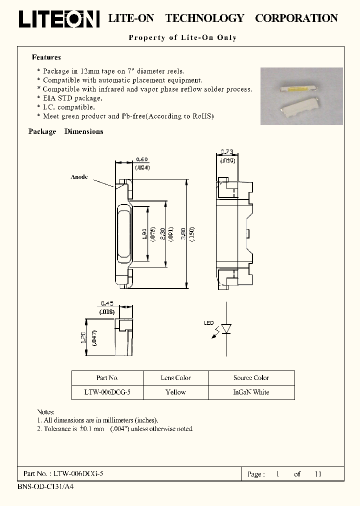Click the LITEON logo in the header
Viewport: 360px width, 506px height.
pyautogui.click(x=59, y=18)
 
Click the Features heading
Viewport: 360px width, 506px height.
pyautogui.click(x=46, y=57)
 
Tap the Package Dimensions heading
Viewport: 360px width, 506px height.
pyautogui.click(x=66, y=131)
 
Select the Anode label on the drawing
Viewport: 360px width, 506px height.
pyautogui.click(x=79, y=177)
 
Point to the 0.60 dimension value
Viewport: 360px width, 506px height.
pyautogui.click(x=142, y=160)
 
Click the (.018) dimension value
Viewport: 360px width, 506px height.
pyautogui.click(x=107, y=312)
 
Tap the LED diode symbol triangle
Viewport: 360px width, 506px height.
pyautogui.click(x=226, y=329)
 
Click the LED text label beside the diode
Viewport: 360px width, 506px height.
pyautogui.click(x=208, y=323)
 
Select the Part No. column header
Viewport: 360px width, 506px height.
pyautogui.click(x=107, y=378)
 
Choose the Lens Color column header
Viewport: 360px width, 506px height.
pyautogui.click(x=175, y=378)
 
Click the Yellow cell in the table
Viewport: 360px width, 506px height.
pyautogui.click(x=175, y=392)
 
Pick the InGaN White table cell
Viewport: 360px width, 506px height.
pyautogui.click(x=251, y=392)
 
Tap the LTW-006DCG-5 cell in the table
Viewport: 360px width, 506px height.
pyautogui.click(x=107, y=392)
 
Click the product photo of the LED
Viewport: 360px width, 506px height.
pyautogui.click(x=301, y=96)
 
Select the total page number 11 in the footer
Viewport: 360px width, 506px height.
pyautogui.click(x=317, y=474)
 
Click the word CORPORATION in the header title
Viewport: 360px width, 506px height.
pyautogui.click(x=296, y=18)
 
